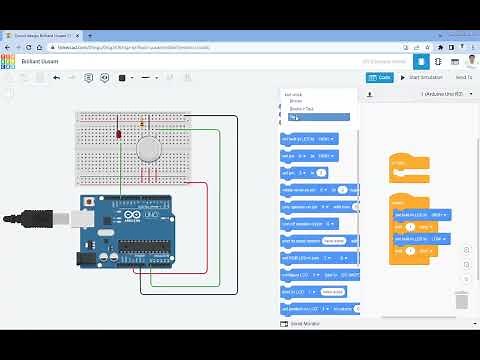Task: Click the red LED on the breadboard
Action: (118, 134)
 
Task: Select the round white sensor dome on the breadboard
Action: (148, 149)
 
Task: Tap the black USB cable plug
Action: (40, 215)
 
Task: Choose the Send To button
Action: (464, 77)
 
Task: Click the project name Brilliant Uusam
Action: (41, 61)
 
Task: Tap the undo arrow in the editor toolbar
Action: (56, 77)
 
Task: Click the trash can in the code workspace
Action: (461, 300)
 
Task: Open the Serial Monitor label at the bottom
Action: (304, 324)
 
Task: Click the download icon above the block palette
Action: (369, 93)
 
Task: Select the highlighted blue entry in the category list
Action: (319, 117)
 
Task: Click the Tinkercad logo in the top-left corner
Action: (8, 61)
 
